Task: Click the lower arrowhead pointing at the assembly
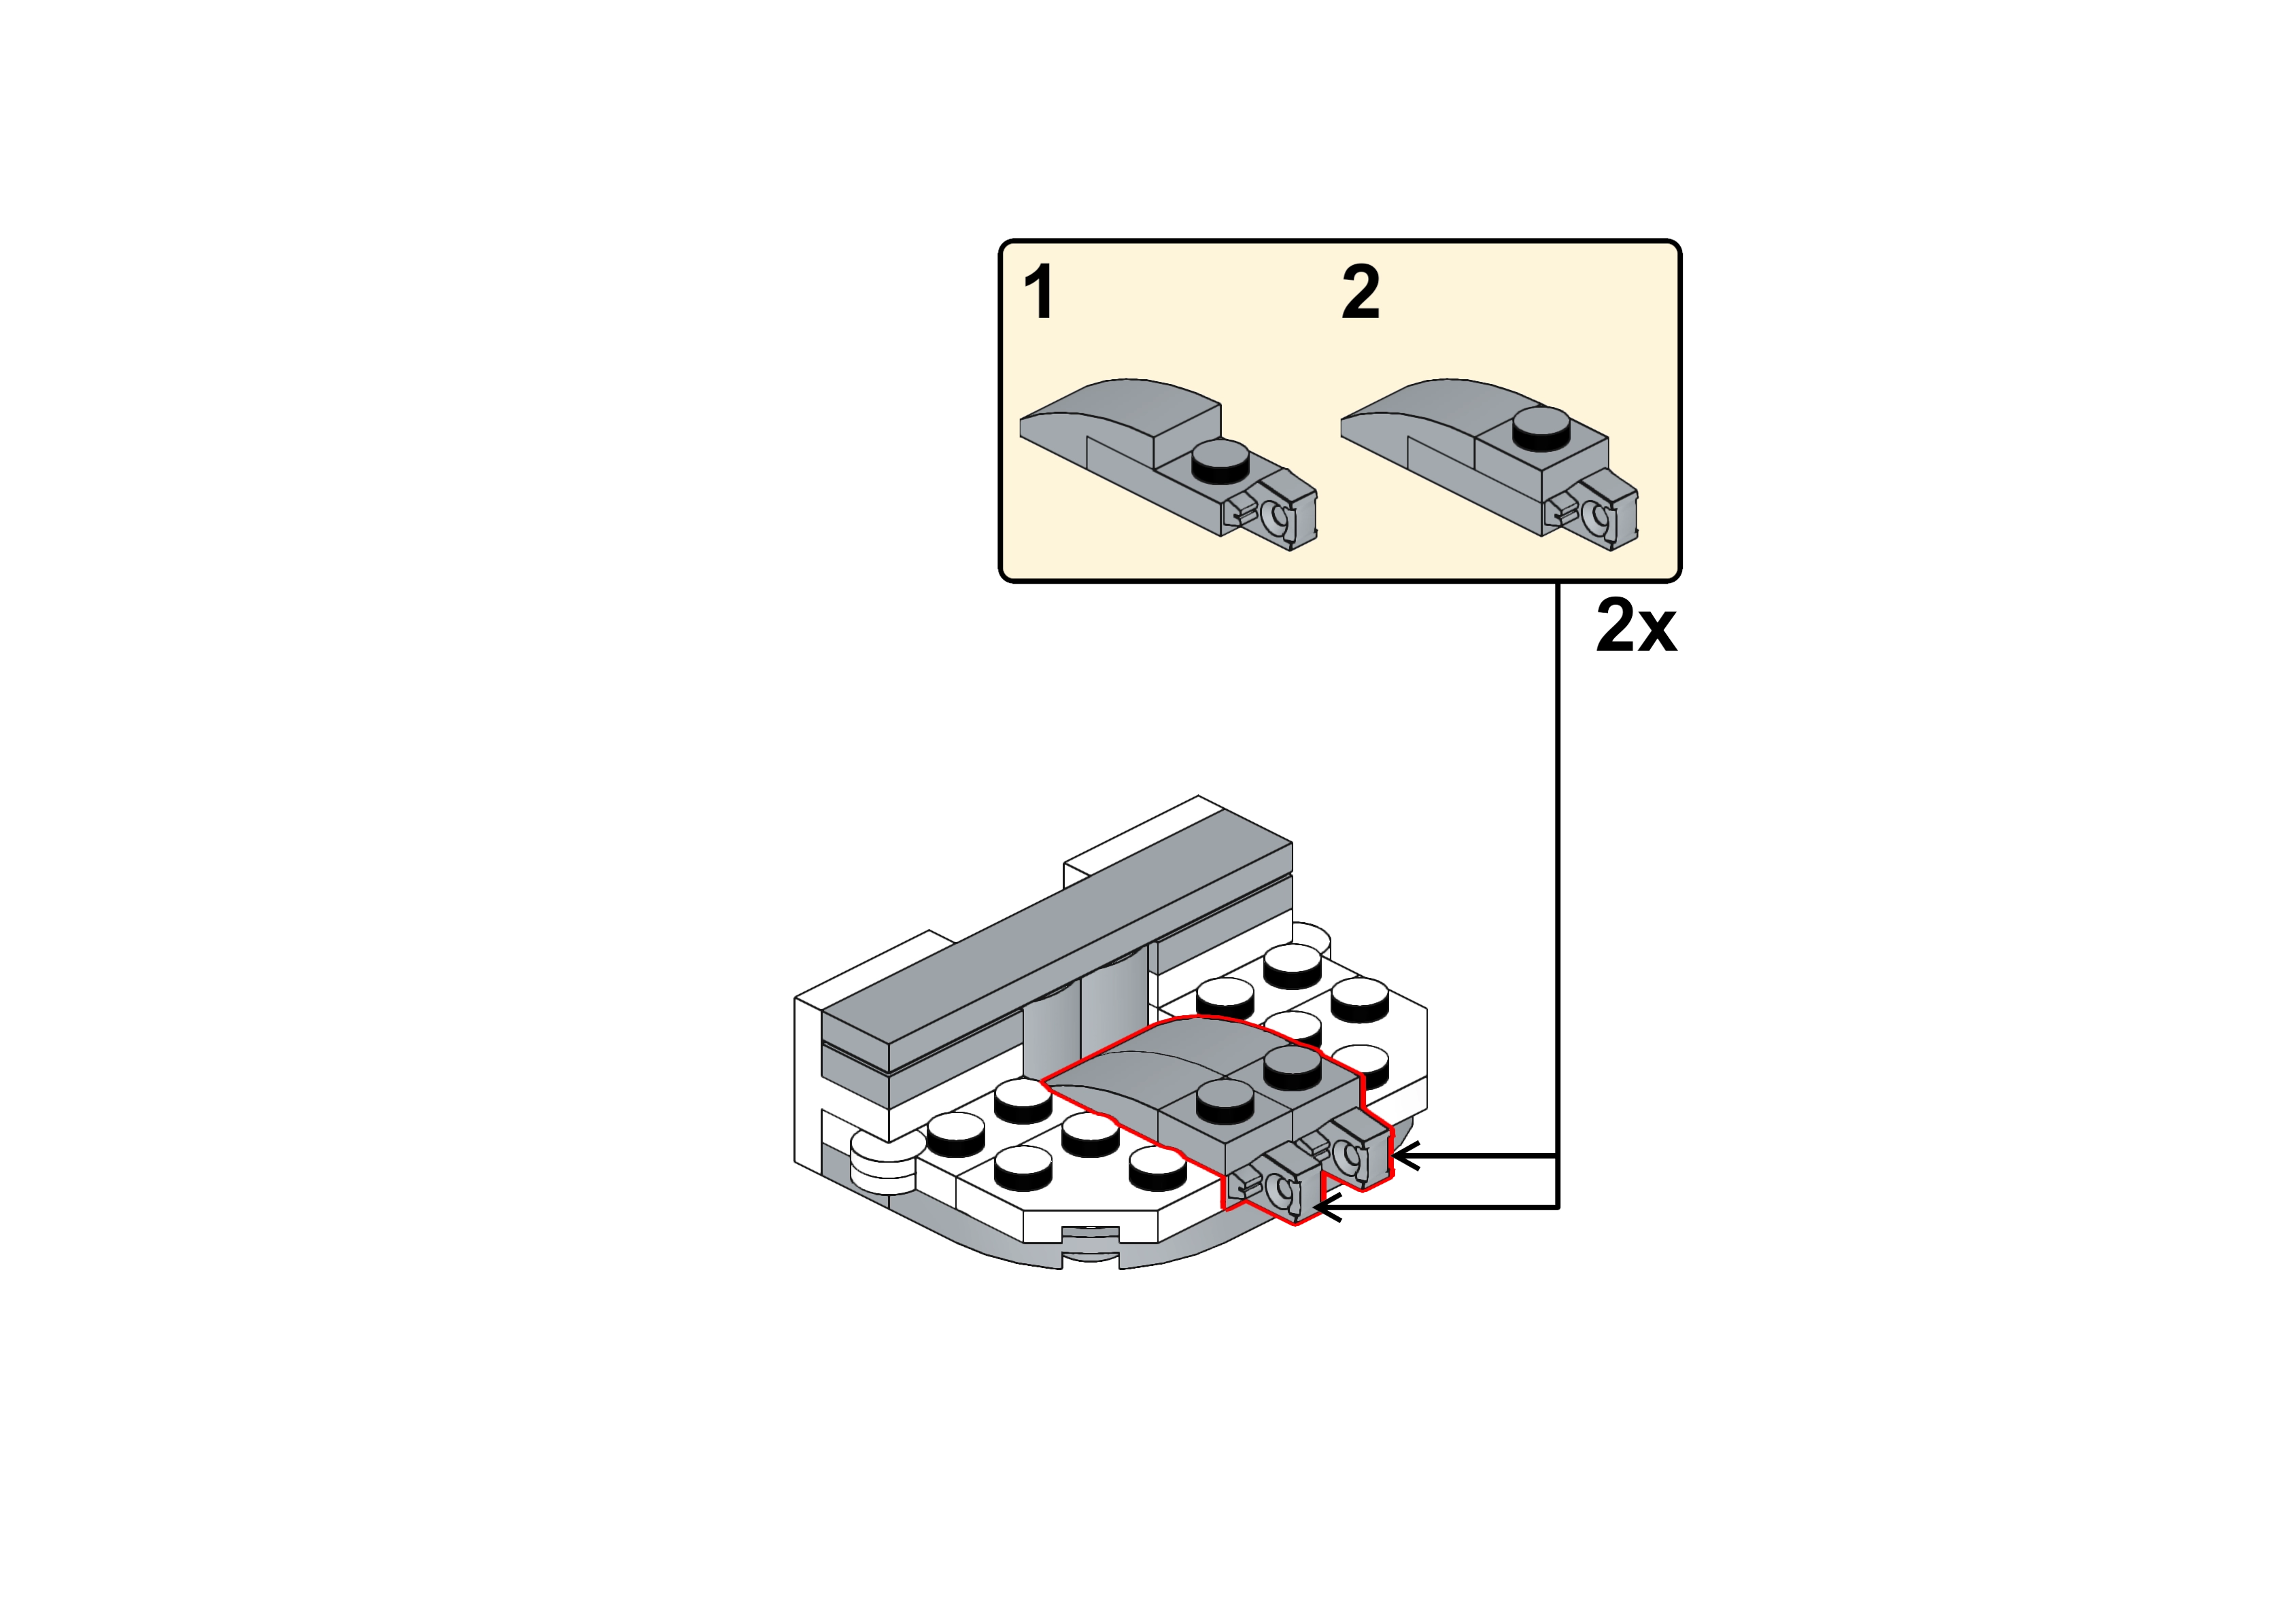[x=1327, y=1209]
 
